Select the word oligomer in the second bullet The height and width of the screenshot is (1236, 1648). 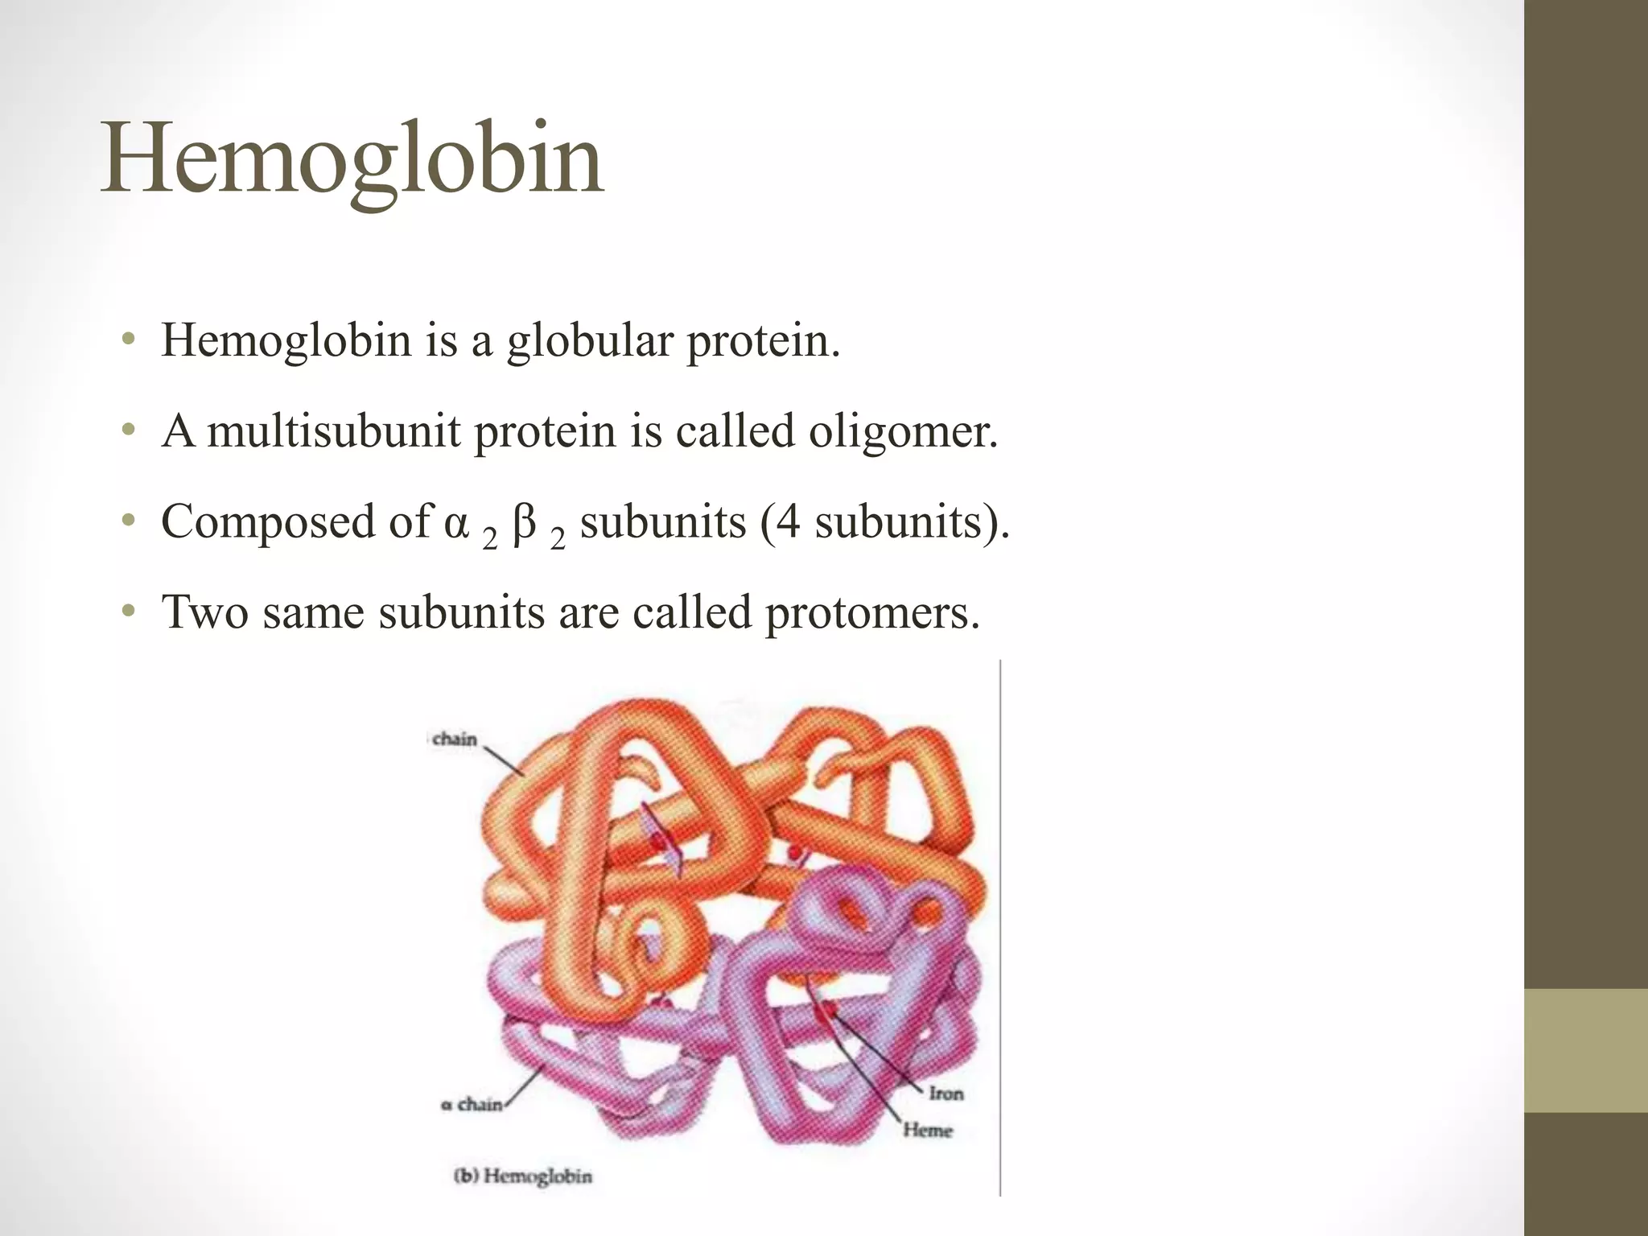point(903,431)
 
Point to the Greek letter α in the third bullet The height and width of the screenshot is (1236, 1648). point(455,522)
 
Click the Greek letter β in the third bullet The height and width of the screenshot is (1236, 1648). point(524,522)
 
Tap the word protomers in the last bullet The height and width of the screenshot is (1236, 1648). point(872,613)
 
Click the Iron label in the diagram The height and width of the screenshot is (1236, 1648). point(946,1094)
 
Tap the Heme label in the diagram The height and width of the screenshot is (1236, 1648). point(927,1131)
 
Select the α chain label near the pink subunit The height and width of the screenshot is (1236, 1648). point(472,1105)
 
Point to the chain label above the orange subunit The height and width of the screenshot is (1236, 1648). point(455,740)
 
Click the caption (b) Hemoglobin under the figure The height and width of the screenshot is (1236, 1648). point(523,1176)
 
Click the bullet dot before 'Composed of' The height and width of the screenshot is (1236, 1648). point(127,522)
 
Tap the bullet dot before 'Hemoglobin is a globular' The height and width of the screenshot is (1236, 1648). point(127,340)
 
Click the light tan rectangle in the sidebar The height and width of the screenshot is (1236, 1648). point(1586,1050)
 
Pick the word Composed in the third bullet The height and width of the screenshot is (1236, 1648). point(268,522)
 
